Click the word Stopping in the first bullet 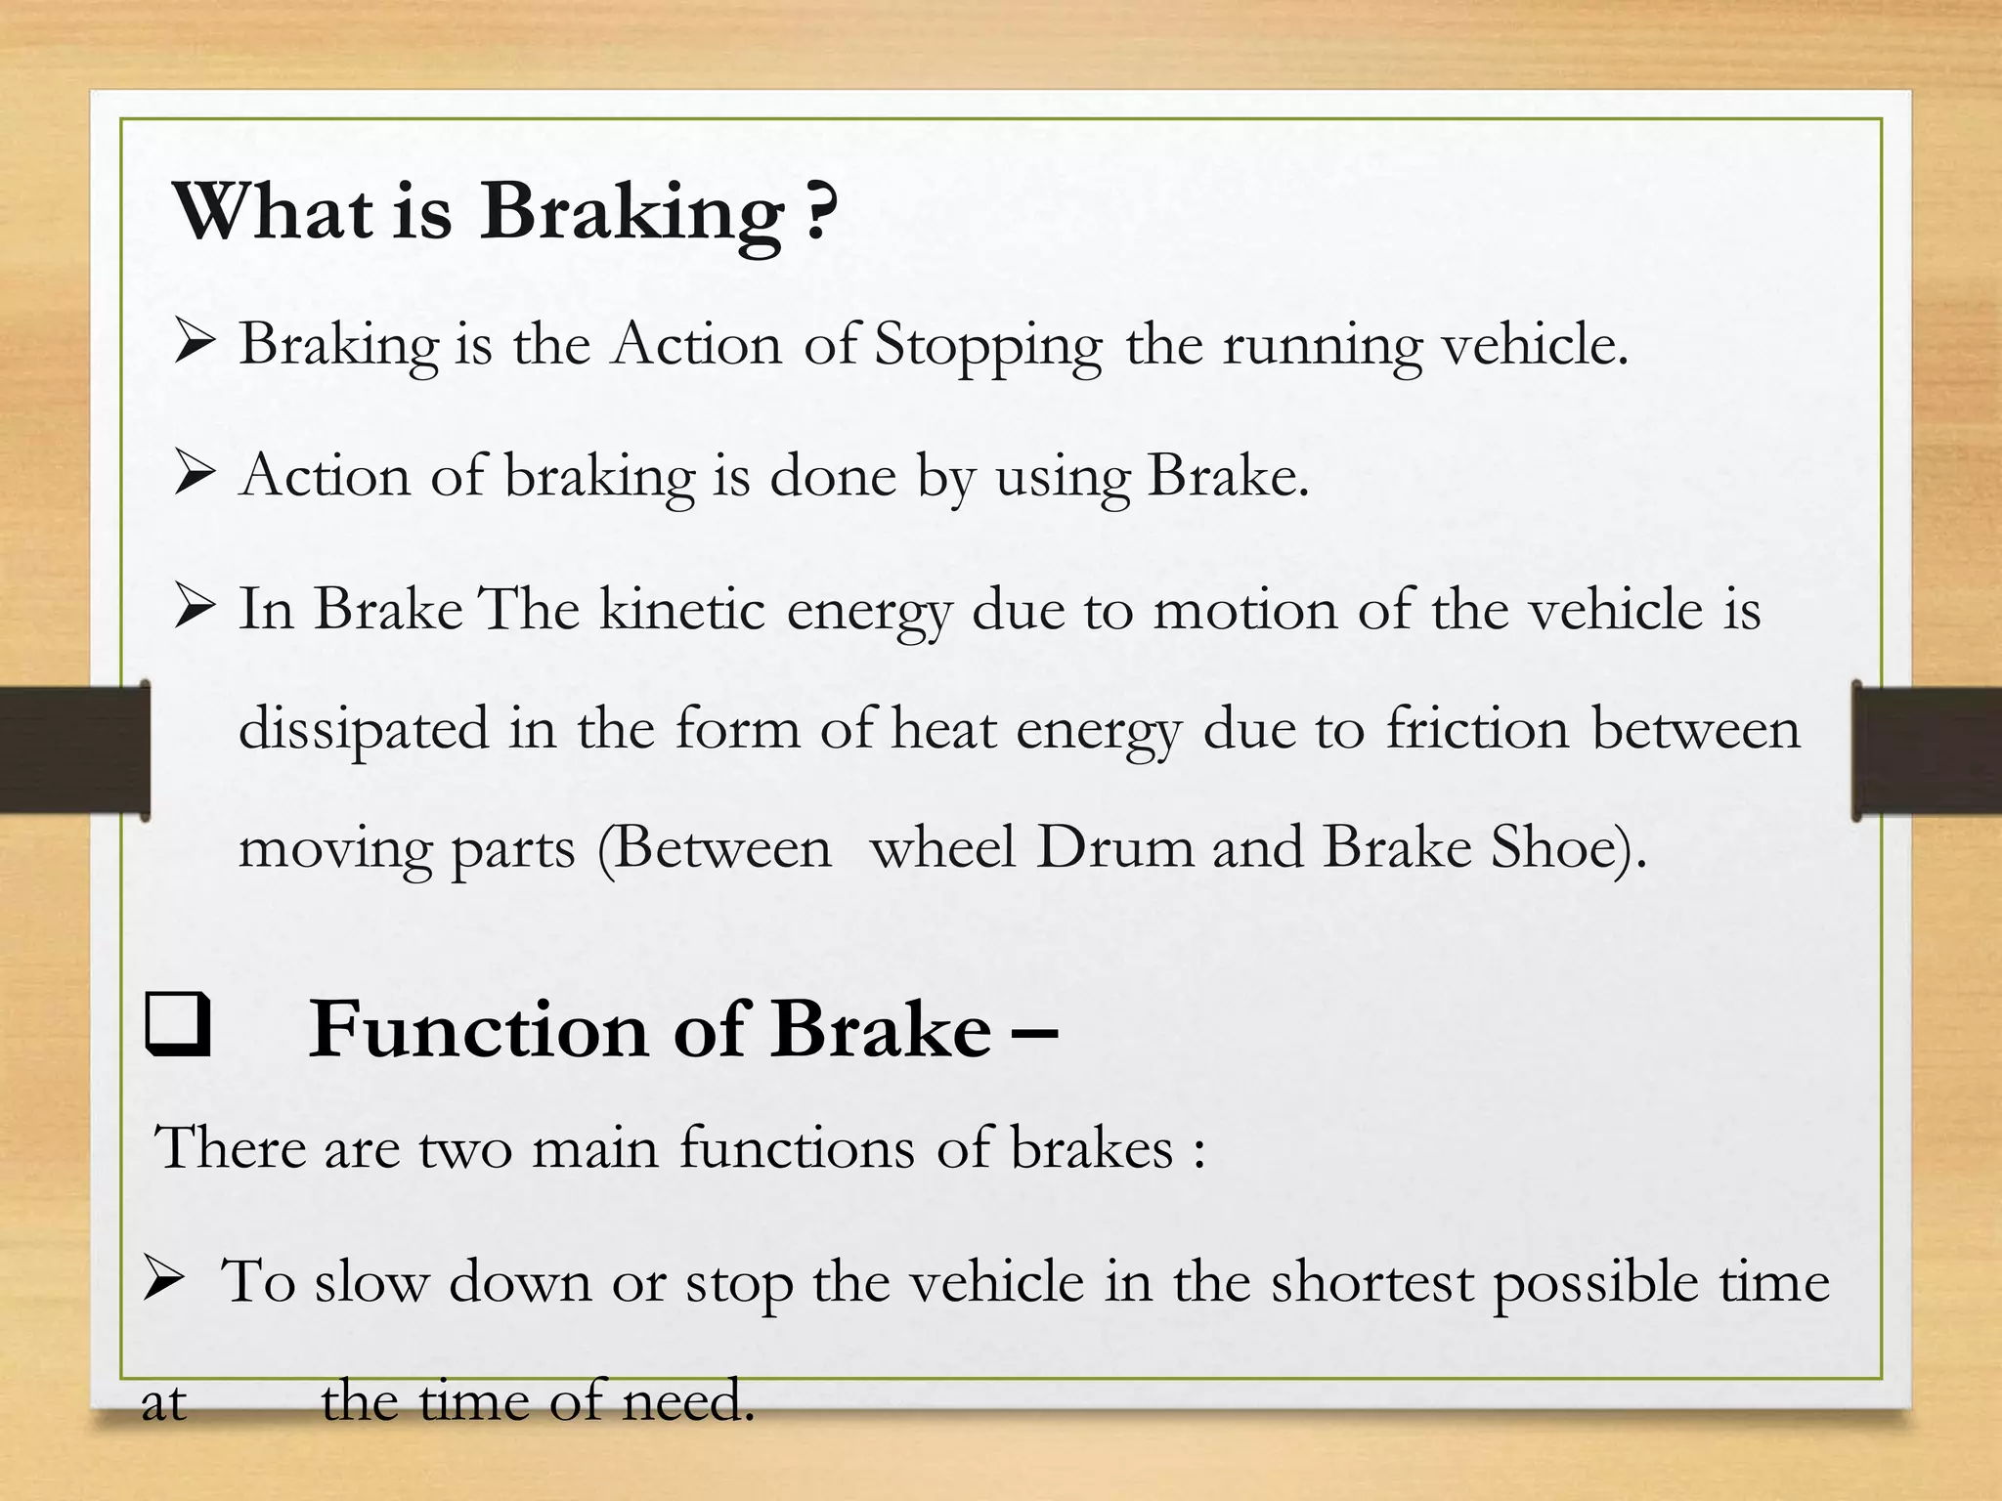pos(987,346)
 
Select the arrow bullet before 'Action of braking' pos(195,476)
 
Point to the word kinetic pos(681,609)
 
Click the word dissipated pos(363,730)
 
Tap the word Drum pos(1114,846)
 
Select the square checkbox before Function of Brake pos(178,1026)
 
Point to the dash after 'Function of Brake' pos(1034,1032)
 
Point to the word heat pos(943,728)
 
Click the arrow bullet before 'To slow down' pos(163,1280)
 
